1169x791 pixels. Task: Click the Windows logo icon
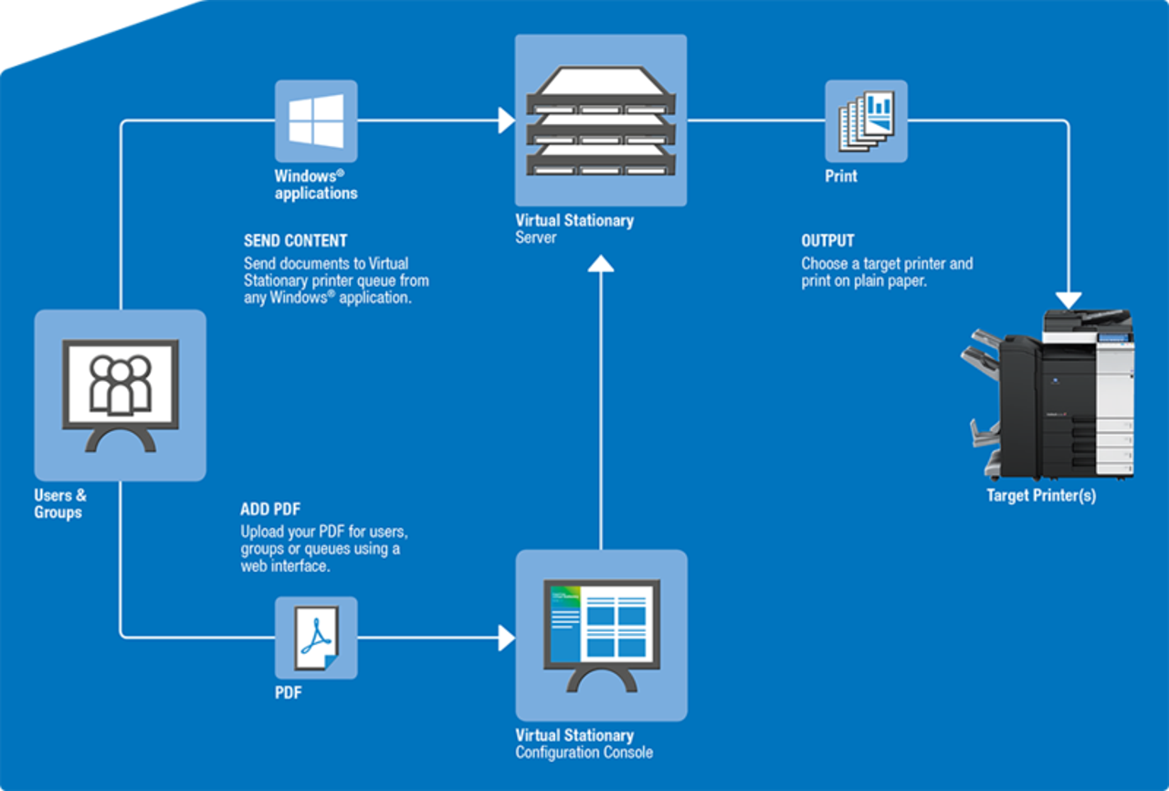(x=316, y=121)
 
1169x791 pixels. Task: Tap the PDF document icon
(x=316, y=638)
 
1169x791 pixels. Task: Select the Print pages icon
(x=866, y=121)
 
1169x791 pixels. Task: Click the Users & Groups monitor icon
(x=120, y=395)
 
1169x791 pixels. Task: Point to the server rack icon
(x=600, y=121)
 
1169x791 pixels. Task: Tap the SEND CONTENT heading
(x=295, y=241)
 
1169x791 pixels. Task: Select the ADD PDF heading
(x=269, y=510)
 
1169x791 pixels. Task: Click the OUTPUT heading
(x=827, y=241)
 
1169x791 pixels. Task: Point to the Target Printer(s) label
(x=1041, y=496)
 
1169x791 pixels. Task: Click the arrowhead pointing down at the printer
(x=1068, y=301)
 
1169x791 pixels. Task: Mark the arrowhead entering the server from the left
(x=507, y=121)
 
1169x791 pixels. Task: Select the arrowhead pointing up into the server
(x=600, y=264)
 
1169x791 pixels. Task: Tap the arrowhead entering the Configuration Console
(x=507, y=638)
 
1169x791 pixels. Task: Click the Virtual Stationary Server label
(x=574, y=228)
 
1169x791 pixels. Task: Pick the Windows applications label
(x=315, y=185)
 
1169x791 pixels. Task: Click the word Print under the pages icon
(x=841, y=176)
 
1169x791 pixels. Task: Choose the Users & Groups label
(x=60, y=504)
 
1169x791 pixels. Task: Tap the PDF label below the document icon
(x=288, y=693)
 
